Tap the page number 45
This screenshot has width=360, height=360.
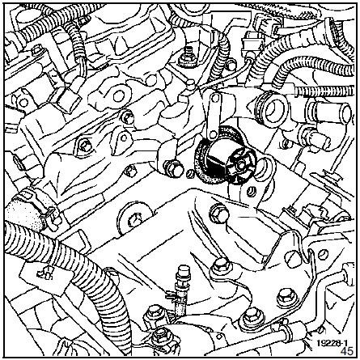coord(347,351)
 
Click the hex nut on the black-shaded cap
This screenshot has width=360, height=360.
coord(240,163)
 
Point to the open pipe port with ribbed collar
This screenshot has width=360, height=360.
coord(272,109)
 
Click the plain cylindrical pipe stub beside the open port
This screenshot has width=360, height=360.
coord(332,111)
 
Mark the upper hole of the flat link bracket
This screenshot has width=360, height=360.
coord(214,99)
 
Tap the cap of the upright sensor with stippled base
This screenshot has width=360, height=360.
coord(183,270)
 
